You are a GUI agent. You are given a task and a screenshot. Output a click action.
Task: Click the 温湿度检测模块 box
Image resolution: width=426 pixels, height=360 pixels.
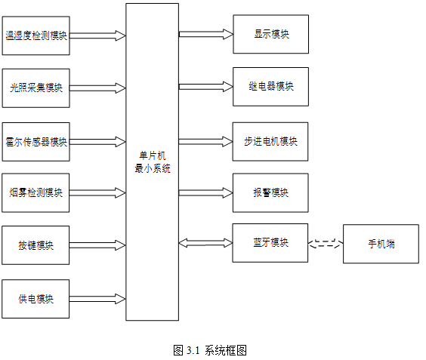pos(35,35)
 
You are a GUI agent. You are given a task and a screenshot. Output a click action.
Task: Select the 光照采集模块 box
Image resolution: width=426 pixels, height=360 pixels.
pos(35,88)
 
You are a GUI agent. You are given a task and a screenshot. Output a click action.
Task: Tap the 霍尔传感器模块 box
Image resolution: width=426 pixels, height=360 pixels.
pos(35,142)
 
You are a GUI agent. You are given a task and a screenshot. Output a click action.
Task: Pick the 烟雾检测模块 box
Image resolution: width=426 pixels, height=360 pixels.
pos(35,192)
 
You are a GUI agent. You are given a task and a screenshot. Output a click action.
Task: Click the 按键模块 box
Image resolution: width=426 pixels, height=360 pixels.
pos(35,245)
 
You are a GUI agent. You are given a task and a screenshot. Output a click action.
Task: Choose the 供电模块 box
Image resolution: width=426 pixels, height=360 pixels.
pos(35,299)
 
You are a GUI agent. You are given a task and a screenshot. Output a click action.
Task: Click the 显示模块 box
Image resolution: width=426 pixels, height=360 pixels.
pos(271,34)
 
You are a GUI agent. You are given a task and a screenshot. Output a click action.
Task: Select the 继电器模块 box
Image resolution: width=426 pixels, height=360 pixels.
pos(271,87)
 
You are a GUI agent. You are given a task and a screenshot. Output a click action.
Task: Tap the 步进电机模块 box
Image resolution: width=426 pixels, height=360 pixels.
pos(270,142)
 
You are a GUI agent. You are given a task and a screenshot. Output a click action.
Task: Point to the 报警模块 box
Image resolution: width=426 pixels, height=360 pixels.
pos(270,192)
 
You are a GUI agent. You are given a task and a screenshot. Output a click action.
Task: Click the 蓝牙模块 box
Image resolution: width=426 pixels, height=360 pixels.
pos(270,243)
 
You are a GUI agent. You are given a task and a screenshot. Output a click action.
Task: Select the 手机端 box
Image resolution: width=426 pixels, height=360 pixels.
pos(381,244)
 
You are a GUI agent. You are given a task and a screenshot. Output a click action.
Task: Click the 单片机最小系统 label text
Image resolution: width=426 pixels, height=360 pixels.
pos(153,162)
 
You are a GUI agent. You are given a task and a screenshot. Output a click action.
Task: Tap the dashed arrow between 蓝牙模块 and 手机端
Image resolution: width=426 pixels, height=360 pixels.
pos(326,243)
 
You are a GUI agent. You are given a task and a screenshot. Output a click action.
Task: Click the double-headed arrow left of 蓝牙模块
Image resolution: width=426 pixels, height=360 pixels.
pos(205,243)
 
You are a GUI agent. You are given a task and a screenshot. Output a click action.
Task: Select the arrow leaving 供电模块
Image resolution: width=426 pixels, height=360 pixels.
pos(97,299)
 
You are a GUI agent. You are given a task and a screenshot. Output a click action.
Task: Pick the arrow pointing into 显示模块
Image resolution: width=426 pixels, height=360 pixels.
pos(206,34)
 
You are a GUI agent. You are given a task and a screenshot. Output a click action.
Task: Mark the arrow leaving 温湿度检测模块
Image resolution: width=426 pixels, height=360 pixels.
pos(97,35)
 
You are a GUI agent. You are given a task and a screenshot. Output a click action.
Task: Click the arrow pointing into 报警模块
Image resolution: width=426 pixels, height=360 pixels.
pos(206,192)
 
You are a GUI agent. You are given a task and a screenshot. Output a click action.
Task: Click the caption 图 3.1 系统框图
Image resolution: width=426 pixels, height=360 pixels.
pos(210,350)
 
